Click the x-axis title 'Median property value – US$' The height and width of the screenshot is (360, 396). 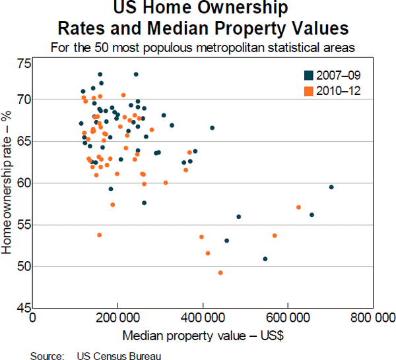(x=203, y=334)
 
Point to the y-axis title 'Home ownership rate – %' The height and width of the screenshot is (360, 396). (x=9, y=183)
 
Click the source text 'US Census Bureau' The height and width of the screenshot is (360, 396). (x=118, y=355)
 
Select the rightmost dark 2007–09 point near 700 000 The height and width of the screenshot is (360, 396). (x=331, y=187)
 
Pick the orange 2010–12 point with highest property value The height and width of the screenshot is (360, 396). (x=299, y=207)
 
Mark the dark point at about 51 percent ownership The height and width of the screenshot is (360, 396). (x=265, y=259)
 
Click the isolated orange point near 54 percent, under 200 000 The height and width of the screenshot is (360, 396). (x=100, y=235)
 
